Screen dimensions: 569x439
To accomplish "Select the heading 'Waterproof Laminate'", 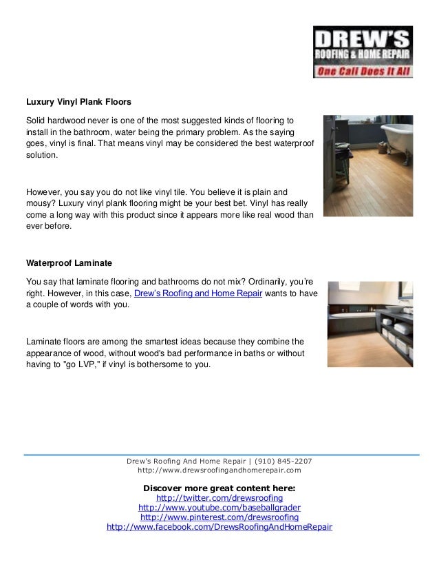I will pyautogui.click(x=69, y=263).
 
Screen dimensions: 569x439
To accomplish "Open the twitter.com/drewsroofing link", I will pyautogui.click(x=219, y=497).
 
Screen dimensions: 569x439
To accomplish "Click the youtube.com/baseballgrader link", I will pyautogui.click(x=219, y=507).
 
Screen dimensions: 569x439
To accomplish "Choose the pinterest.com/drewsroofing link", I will pyautogui.click(x=219, y=517).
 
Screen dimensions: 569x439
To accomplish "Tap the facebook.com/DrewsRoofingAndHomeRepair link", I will pyautogui.click(x=219, y=527).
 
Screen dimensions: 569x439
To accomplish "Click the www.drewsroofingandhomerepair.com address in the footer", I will pyautogui.click(x=219, y=470).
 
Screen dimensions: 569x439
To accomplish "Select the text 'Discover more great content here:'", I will pyautogui.click(x=219, y=487).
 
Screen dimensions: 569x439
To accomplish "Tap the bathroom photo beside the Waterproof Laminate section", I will pyautogui.click(x=370, y=323).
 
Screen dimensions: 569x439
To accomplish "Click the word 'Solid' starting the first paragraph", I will pyautogui.click(x=37, y=120).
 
